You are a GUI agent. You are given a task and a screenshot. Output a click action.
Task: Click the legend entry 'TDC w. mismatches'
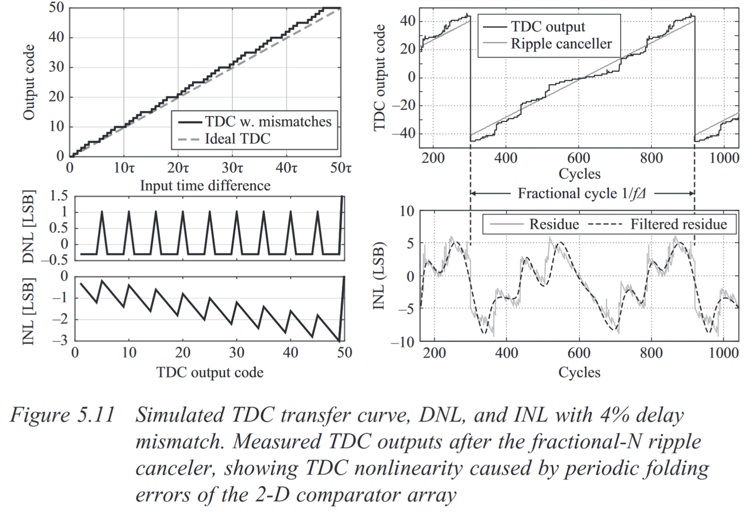coord(268,121)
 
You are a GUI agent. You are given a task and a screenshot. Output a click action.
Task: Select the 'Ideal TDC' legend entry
coord(237,139)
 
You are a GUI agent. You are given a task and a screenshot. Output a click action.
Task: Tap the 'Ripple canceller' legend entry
coord(561,44)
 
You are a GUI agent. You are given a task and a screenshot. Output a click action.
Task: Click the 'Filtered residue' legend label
coord(678,224)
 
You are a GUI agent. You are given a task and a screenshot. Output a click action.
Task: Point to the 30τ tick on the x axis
coord(232,168)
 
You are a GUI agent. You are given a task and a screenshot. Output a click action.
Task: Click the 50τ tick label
coord(340,168)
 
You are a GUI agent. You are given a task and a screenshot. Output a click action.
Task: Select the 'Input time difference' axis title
coord(205,186)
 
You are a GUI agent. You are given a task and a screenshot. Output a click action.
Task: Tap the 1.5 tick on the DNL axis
coord(59,197)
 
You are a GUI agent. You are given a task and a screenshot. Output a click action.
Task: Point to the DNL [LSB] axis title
coord(29,227)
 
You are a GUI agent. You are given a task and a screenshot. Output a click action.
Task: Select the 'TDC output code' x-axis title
coord(210,372)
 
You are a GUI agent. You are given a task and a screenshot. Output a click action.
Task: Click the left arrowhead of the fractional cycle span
coord(473,194)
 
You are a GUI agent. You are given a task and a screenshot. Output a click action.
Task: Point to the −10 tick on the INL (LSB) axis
coord(402,342)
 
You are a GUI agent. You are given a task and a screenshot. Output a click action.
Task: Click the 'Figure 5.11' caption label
coord(62,415)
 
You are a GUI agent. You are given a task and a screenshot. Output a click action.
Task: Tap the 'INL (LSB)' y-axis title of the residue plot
coord(379,276)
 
